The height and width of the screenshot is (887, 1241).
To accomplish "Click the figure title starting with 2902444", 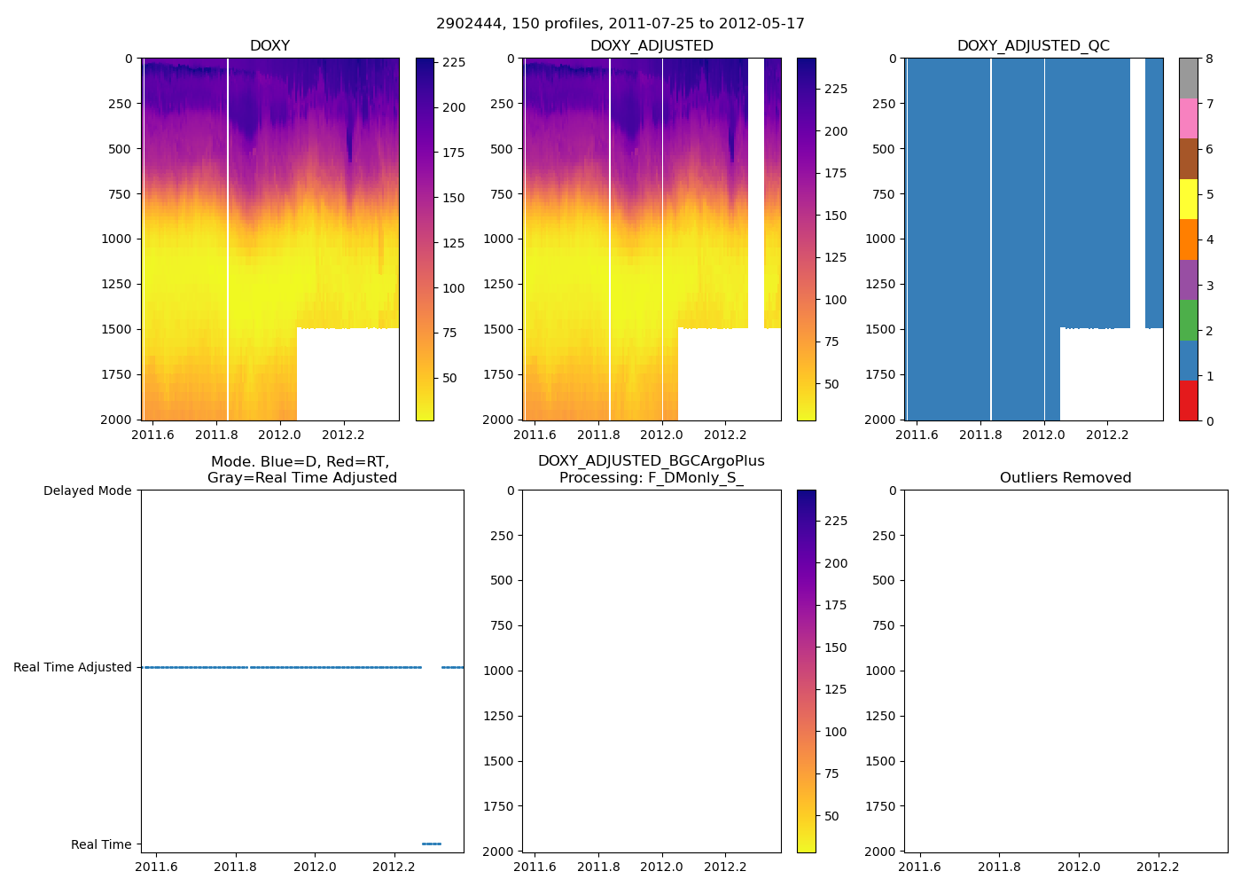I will (620, 24).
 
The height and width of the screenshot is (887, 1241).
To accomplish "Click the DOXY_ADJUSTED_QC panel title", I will (1033, 46).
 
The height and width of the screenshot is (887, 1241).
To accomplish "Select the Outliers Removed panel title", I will (1065, 478).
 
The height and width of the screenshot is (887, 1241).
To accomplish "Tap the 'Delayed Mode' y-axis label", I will (87, 491).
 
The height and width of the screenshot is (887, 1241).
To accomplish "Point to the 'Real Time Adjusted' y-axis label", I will (72, 667).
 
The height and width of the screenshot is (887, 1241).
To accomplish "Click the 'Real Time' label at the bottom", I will (101, 844).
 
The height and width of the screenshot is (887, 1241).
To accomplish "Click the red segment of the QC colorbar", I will (1188, 401).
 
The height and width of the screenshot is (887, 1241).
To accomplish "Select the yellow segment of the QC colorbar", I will (1188, 199).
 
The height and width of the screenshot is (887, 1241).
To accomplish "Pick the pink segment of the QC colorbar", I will (1188, 118).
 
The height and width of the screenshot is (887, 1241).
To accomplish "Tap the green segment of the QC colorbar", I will (1188, 320).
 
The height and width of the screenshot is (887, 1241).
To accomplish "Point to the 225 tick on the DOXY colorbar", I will (454, 63).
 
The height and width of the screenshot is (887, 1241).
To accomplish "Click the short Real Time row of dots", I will (432, 844).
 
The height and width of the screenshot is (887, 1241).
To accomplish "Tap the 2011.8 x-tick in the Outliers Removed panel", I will (1000, 867).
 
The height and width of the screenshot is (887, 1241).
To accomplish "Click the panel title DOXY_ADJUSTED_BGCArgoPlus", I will (651, 461).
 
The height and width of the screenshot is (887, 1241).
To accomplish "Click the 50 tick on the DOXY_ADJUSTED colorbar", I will (831, 384).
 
